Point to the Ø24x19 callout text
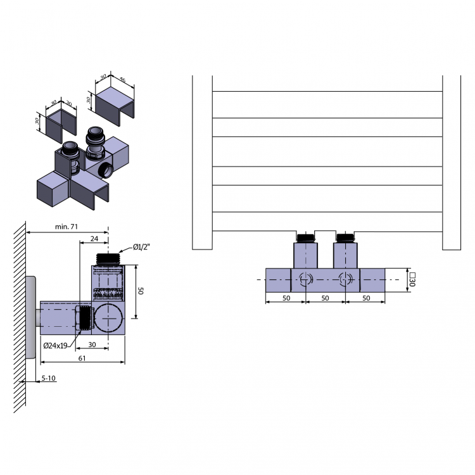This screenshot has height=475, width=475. point(56,346)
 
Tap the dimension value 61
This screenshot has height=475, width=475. point(82,358)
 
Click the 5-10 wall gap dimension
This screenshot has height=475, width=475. point(49,378)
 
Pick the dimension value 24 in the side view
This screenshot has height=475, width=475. point(94,239)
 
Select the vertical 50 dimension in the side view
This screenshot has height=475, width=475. point(142,291)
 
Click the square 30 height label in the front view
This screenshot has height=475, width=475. point(412,279)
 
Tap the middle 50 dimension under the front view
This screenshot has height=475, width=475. point(325,297)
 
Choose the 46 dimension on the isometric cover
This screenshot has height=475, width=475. point(122,81)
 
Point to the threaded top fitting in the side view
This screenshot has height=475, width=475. point(108,259)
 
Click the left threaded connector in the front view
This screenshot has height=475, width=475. point(306,238)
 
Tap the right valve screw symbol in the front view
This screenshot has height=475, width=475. point(345,279)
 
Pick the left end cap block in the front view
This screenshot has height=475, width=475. point(278,279)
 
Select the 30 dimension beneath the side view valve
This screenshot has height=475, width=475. point(92,345)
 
